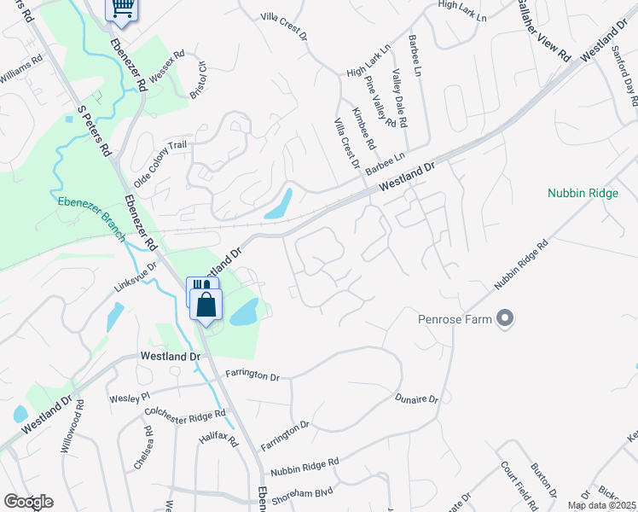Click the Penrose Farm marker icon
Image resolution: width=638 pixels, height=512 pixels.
click(x=505, y=319)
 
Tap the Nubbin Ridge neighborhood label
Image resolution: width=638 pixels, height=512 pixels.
click(x=583, y=194)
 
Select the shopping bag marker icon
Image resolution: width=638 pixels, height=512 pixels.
click(x=206, y=305)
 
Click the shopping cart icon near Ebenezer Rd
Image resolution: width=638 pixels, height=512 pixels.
click(x=122, y=8)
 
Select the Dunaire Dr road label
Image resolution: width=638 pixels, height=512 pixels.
click(x=416, y=399)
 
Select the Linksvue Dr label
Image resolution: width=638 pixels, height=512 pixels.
click(x=136, y=277)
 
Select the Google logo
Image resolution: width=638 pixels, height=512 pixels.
click(x=28, y=502)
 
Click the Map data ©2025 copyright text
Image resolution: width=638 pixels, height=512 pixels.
click(x=600, y=505)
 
